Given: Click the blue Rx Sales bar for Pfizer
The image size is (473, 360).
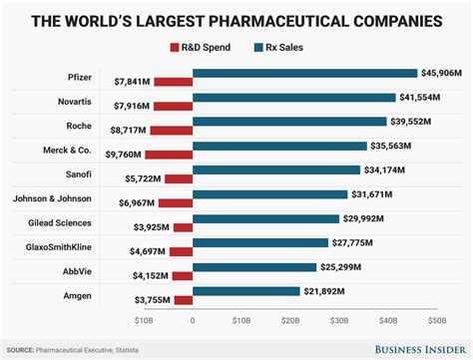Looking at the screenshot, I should click(x=304, y=73).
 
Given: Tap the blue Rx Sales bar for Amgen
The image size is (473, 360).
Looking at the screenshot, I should click(x=246, y=291).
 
